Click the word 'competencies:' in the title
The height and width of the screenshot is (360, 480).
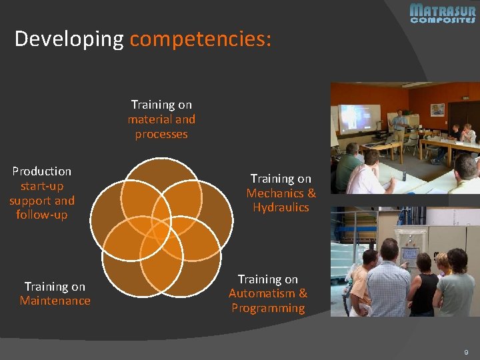[201, 39]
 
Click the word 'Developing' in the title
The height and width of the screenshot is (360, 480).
[69, 39]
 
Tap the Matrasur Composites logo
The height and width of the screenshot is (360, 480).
[442, 13]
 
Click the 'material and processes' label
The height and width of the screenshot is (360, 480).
[161, 127]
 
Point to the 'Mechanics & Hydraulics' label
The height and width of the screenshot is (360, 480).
[281, 200]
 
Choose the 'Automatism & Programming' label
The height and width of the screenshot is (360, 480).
[268, 301]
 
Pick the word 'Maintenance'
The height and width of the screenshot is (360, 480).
[55, 301]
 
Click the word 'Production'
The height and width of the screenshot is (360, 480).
[41, 171]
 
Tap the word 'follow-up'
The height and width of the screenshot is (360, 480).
[41, 215]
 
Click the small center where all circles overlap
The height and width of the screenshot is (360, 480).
[161, 231]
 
